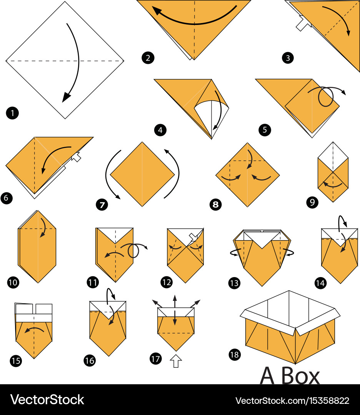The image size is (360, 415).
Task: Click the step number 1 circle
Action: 12,113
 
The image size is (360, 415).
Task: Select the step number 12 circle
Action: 167,283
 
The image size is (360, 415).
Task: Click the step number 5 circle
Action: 265,130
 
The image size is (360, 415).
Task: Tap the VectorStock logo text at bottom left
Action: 47,400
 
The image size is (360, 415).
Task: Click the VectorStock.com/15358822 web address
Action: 292,400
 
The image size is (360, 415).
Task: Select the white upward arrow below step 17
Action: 176,361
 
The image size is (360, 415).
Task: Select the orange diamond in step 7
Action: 142,174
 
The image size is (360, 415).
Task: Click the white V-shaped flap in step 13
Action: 262,238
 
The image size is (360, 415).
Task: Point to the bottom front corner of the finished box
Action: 295,363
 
